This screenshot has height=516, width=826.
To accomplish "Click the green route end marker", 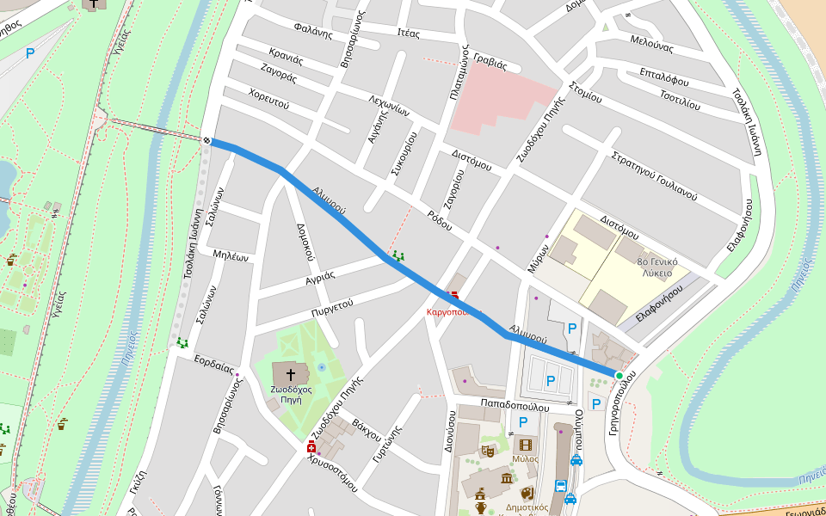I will click(619, 375).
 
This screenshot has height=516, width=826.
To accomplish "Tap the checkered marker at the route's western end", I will click(208, 140).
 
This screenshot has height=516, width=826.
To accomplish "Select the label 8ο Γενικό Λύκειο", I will click(657, 267).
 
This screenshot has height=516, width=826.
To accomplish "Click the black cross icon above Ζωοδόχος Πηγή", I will click(291, 375).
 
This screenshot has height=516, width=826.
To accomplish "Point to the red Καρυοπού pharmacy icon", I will click(454, 297).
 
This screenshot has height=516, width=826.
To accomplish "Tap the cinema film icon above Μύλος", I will click(525, 445).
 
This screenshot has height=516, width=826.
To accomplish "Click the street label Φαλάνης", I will click(312, 34).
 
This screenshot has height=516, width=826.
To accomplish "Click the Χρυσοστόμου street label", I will click(332, 470).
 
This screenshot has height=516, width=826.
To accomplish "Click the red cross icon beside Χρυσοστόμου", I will click(311, 447).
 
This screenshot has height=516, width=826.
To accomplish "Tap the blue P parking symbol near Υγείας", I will click(30, 53).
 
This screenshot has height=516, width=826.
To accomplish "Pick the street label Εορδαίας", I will click(214, 364).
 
